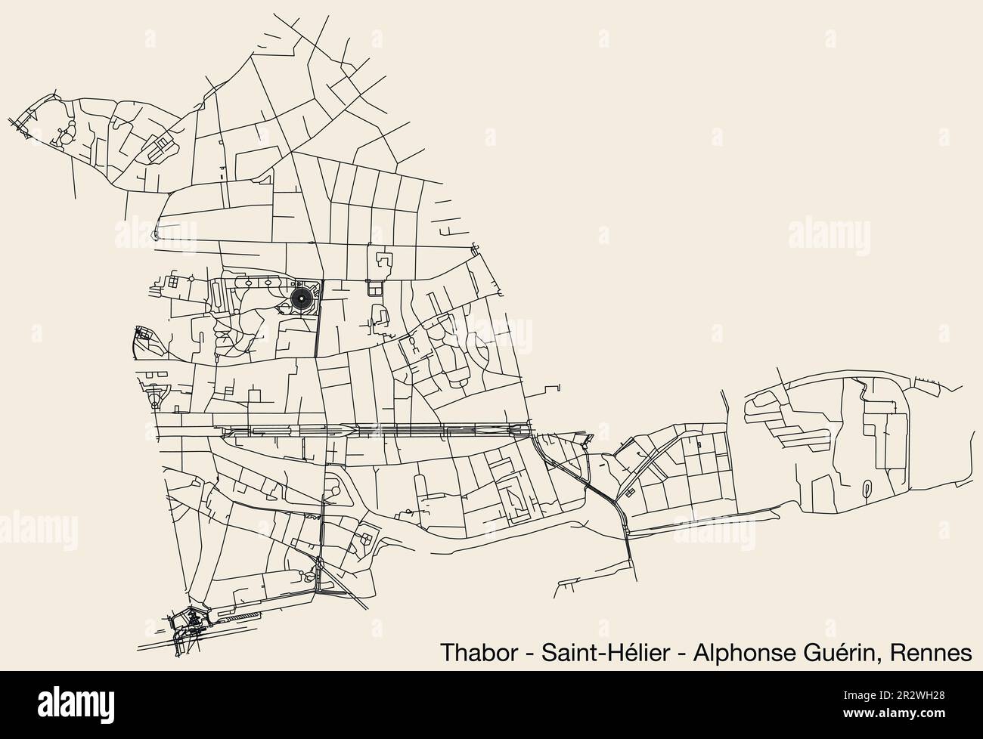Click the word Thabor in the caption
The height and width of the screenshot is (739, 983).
[472, 652]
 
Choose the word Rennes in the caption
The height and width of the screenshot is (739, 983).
[932, 652]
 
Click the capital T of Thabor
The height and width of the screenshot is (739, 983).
[445, 652]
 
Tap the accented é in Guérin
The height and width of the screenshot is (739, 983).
[839, 652]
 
